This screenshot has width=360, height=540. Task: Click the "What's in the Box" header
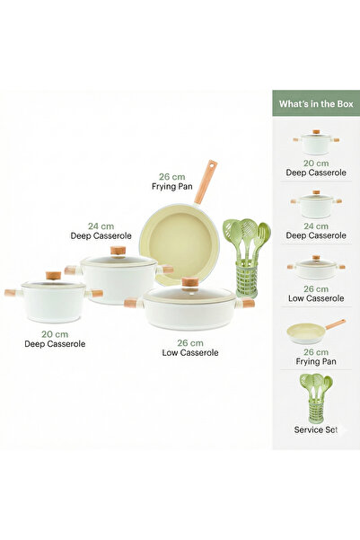coord(316,103)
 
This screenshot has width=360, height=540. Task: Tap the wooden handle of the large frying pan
coord(206,181)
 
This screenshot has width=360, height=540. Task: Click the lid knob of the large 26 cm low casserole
coord(189,282)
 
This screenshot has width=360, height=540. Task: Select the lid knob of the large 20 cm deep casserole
coord(53,276)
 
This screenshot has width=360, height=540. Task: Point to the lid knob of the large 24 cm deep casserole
coord(118,251)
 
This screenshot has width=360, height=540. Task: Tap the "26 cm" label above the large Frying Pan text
coord(172,177)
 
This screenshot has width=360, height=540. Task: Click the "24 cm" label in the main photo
coord(101,226)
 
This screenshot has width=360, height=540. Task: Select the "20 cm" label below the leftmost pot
coord(55,334)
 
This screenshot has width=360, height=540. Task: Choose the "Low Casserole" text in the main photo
coord(190,352)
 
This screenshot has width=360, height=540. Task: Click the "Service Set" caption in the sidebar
coord(316,429)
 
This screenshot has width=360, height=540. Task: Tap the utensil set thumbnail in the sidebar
coord(316,398)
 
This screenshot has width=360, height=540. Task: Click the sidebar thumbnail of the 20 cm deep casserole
coord(316,142)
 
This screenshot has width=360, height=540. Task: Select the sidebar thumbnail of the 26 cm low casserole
coord(316,268)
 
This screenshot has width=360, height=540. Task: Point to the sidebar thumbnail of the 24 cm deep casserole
coord(316,204)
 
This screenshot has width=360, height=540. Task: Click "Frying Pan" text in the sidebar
coord(316,361)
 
